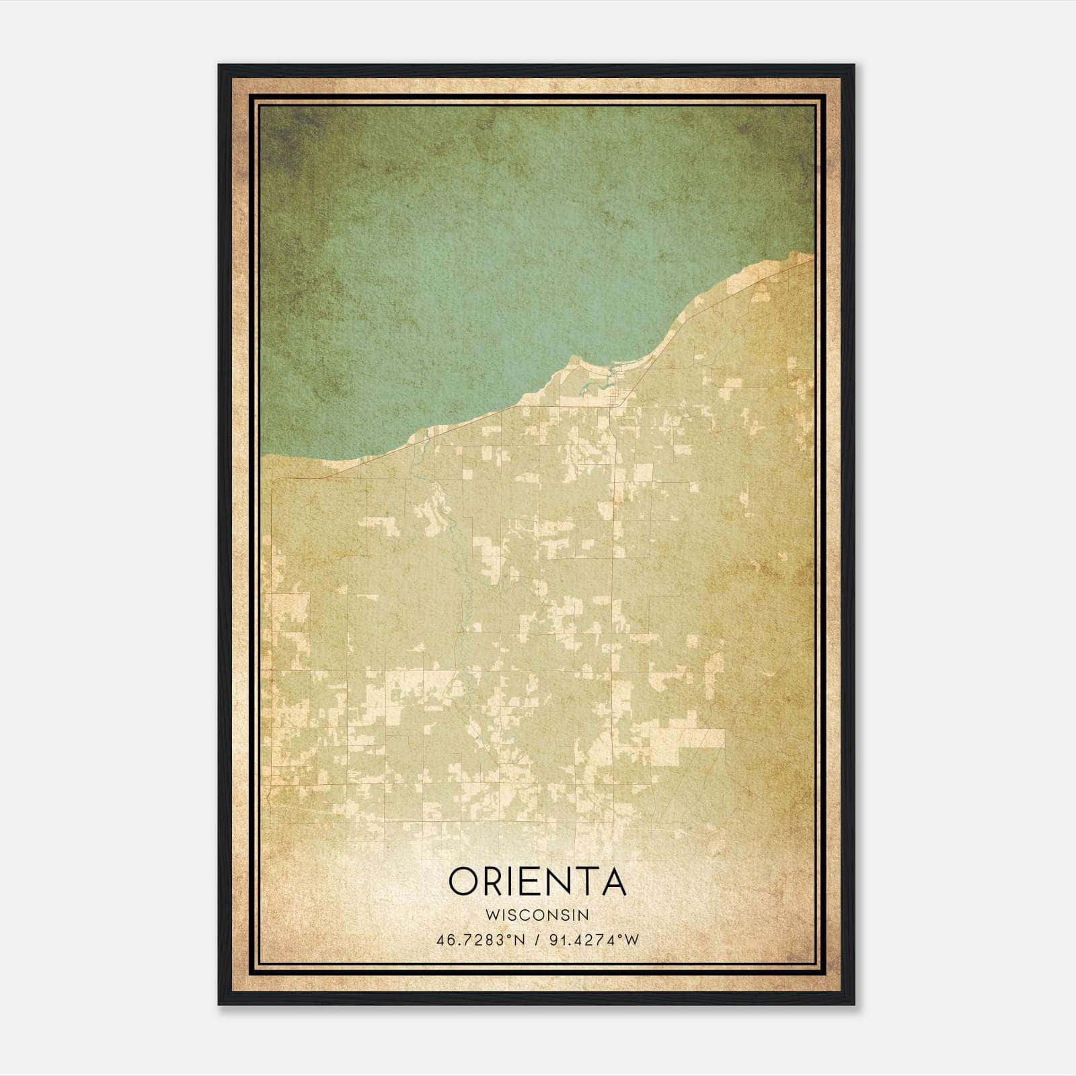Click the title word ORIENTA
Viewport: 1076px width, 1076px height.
click(537, 881)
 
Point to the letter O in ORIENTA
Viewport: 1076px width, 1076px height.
click(464, 881)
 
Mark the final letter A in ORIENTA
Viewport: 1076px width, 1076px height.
click(613, 881)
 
